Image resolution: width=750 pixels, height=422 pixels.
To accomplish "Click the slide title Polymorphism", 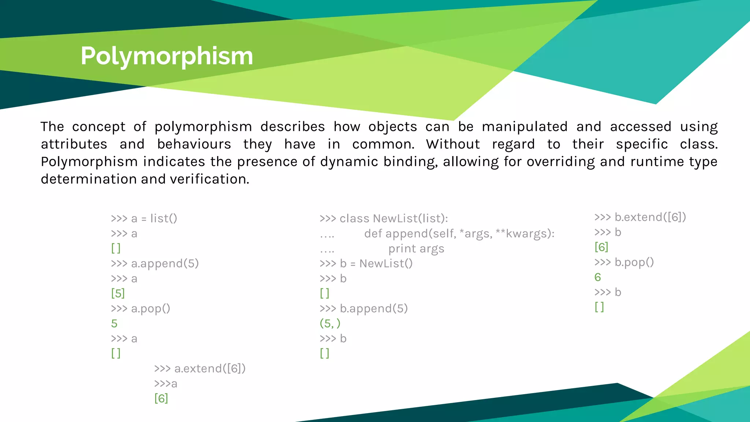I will click(x=167, y=56).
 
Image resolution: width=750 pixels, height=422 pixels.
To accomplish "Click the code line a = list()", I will click(x=144, y=219).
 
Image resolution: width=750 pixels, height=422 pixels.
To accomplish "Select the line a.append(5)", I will click(x=155, y=264).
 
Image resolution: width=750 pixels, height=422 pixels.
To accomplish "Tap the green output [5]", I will click(x=118, y=293).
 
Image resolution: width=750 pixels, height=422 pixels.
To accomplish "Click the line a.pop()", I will click(x=140, y=309).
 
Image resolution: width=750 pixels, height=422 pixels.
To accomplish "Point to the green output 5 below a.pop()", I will click(x=114, y=324).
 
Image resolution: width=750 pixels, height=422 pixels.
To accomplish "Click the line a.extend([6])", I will click(x=200, y=369).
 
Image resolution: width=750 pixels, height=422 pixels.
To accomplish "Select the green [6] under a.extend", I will click(x=161, y=399).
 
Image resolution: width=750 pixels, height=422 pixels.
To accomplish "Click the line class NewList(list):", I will click(x=383, y=219).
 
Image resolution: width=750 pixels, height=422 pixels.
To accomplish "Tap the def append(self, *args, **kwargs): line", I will click(x=459, y=234).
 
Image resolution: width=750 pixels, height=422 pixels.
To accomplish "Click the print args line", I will click(x=416, y=249).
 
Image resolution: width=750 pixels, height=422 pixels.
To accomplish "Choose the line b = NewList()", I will click(x=366, y=264).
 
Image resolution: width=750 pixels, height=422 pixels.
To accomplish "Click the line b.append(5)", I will click(x=363, y=309).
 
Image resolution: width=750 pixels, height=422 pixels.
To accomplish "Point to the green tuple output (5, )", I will click(x=330, y=324).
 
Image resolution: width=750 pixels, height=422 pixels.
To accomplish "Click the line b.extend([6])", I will click(x=640, y=217).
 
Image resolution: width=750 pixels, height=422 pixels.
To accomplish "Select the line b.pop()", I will click(x=624, y=262).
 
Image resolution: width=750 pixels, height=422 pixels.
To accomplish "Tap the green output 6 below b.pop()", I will click(x=598, y=277).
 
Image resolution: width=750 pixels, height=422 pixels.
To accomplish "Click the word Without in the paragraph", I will click(x=453, y=144).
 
